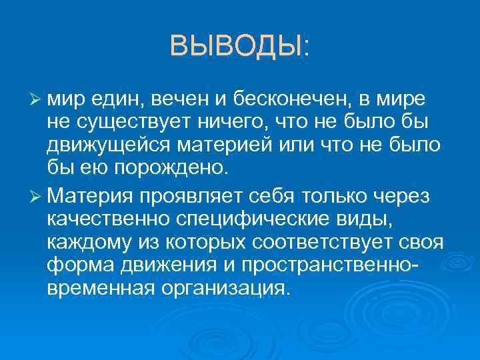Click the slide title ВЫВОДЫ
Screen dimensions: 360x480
[239, 47]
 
